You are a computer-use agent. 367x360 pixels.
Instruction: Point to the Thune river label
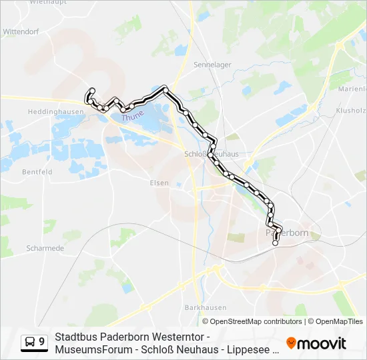(132, 117)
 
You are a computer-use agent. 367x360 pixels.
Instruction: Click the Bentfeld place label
(37, 171)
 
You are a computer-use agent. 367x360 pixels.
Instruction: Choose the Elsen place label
(159, 182)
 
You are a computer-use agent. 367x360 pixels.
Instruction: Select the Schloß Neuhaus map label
(211, 153)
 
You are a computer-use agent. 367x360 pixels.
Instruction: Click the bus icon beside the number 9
(31, 341)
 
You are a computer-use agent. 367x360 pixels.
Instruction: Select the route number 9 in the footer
(42, 341)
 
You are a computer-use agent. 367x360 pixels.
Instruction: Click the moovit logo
(316, 343)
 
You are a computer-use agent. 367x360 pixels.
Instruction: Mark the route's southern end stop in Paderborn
(275, 243)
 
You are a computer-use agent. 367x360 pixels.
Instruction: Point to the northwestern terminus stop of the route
(92, 91)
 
